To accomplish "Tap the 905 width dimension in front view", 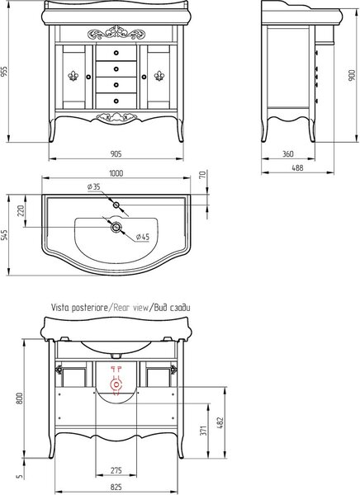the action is [116, 153].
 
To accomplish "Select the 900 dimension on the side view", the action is [352, 75].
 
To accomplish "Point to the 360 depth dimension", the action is [287, 154].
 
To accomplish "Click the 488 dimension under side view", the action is [297, 167].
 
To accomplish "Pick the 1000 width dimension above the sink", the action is [116, 173].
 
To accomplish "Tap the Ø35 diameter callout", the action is [94, 187].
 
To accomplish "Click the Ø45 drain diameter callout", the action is [143, 237].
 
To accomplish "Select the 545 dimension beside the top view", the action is [5, 235].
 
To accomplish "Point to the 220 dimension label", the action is [21, 210].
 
